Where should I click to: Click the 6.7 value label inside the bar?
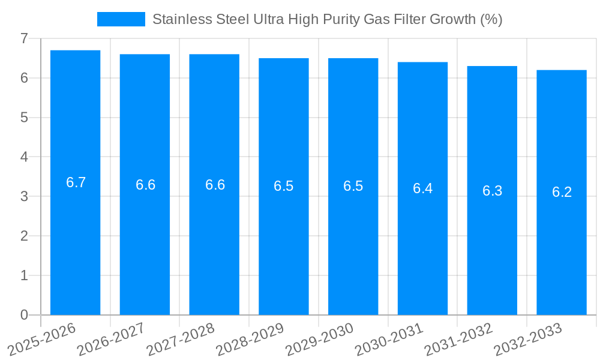pyautogui.click(x=76, y=182)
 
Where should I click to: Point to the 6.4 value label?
pyautogui.click(x=422, y=188)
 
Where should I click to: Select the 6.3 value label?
pyautogui.click(x=492, y=191)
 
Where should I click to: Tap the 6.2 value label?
pyautogui.click(x=562, y=192)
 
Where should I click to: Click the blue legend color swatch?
pyautogui.click(x=121, y=19)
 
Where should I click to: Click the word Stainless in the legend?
pyautogui.click(x=179, y=19)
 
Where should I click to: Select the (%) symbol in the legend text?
pyautogui.click(x=491, y=19)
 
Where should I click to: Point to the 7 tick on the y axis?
pyautogui.click(x=24, y=38)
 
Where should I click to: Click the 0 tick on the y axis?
pyautogui.click(x=24, y=315)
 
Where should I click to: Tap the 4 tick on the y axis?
pyautogui.click(x=24, y=157)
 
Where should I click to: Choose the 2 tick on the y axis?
pyautogui.click(x=24, y=236)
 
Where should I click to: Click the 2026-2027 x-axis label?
pyautogui.click(x=112, y=338)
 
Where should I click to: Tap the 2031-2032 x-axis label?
pyautogui.click(x=459, y=338)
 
